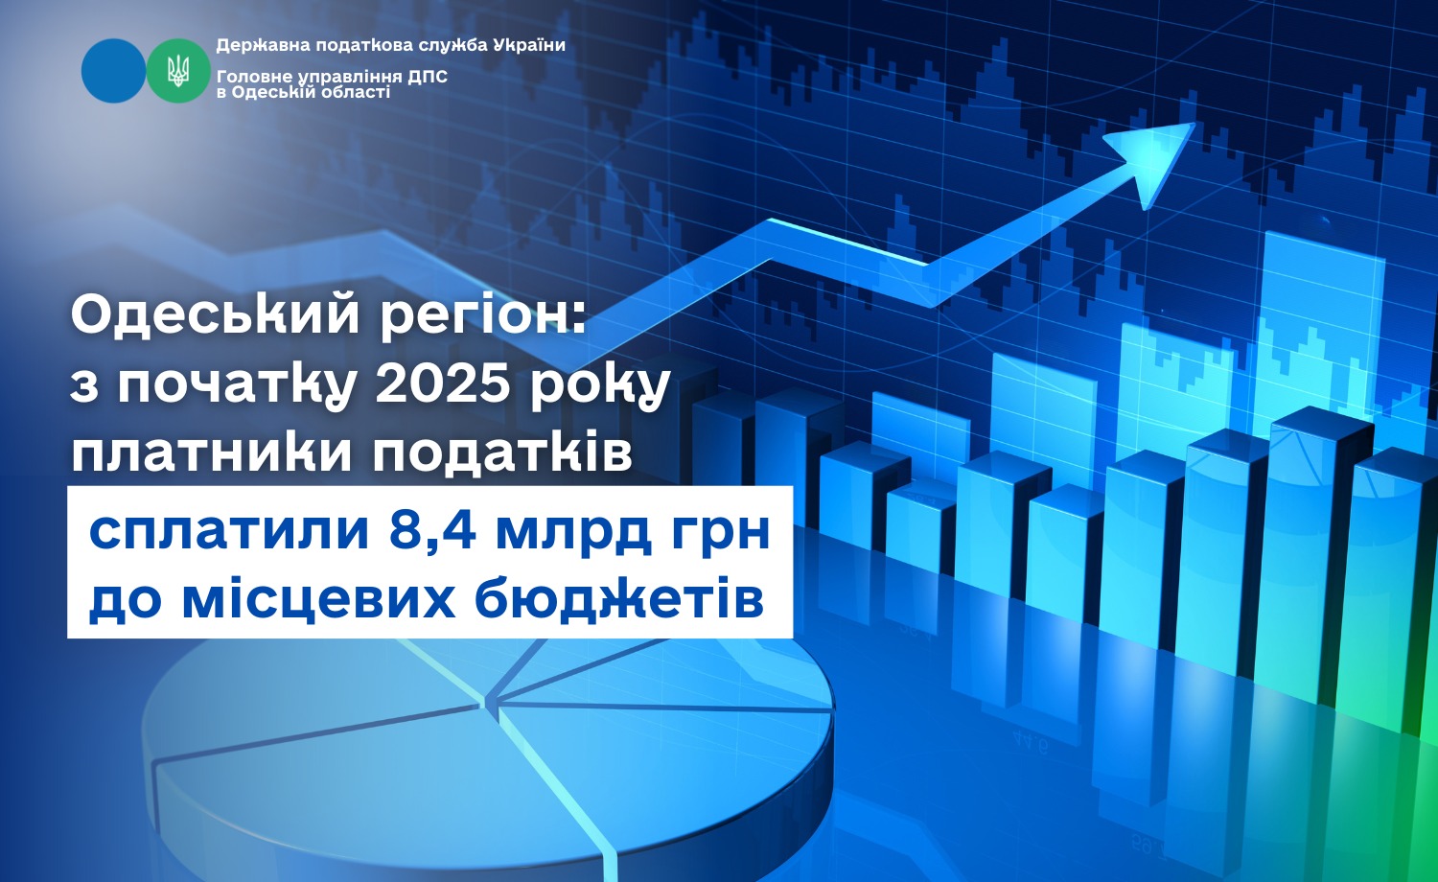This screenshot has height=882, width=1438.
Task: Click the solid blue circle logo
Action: pyautogui.click(x=114, y=71)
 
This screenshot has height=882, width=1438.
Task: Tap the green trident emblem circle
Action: pyautogui.click(x=178, y=71)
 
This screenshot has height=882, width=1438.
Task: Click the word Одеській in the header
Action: pyautogui.click(x=285, y=92)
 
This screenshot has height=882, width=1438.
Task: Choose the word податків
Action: pyautogui.click(x=503, y=453)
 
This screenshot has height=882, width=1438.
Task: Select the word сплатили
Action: pyautogui.click(x=229, y=532)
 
